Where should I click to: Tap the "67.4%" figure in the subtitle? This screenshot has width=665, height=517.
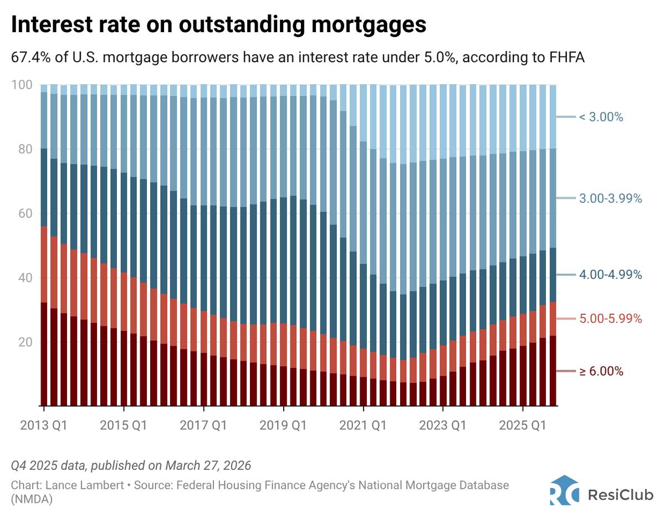pyautogui.click(x=29, y=57)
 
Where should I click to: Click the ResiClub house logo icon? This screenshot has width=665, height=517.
pyautogui.click(x=564, y=490)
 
